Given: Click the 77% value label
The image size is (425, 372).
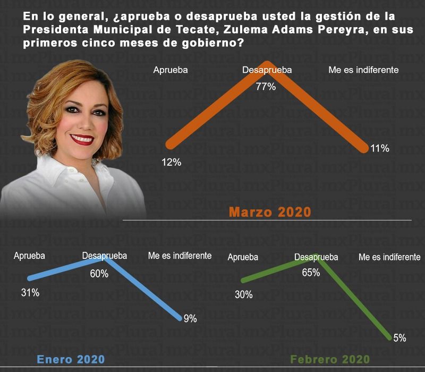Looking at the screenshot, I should (266, 87).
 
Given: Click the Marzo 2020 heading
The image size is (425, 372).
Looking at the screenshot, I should (270, 212).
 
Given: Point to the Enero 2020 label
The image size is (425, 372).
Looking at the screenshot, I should (71, 359).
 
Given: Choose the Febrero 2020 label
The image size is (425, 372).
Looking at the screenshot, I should (329, 360).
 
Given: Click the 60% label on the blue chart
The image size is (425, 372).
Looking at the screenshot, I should (99, 274).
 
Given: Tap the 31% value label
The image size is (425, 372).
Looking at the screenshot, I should (30, 292).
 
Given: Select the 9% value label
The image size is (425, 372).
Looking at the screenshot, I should (190, 319).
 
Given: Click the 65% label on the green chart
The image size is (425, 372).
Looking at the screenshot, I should (311, 273).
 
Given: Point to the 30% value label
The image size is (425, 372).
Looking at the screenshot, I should (243, 295).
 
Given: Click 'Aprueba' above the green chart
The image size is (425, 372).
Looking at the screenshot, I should (243, 257).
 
